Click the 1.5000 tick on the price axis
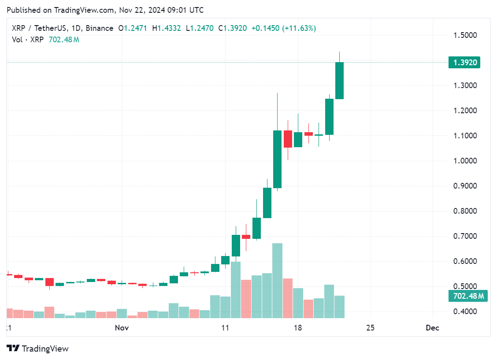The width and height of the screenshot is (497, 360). [x=464, y=35]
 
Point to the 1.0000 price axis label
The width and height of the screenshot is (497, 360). [x=464, y=161]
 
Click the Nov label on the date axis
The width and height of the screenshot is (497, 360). [x=122, y=328]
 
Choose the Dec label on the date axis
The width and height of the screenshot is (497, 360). [x=432, y=328]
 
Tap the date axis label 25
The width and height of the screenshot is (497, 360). [x=370, y=328]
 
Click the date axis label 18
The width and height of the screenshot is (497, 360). [x=298, y=328]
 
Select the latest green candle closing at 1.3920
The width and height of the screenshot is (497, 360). [x=339, y=81]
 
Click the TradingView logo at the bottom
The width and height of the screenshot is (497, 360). [x=38, y=349]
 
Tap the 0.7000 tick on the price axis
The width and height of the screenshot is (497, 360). [x=464, y=236]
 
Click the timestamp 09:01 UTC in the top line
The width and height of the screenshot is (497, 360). [x=185, y=10]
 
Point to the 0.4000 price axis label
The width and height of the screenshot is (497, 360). [x=464, y=312]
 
